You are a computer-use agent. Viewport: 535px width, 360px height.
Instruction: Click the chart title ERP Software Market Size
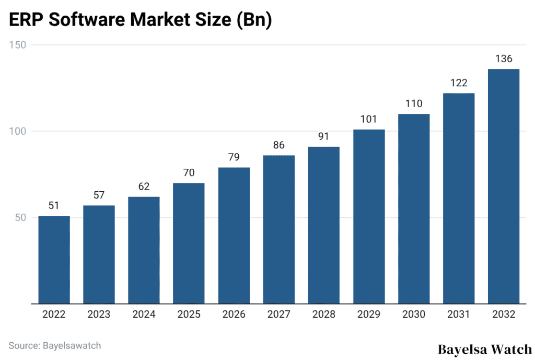pyautogui.click(x=140, y=21)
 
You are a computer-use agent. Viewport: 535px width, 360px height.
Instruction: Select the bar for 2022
pyautogui.click(x=54, y=259)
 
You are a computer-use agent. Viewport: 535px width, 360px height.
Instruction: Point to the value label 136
pyautogui.click(x=503, y=59)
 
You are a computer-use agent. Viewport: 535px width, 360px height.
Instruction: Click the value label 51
pyautogui.click(x=54, y=206)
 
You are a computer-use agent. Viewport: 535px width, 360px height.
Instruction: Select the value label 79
pyautogui.click(x=234, y=157)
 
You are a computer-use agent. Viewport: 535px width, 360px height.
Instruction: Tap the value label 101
pyautogui.click(x=368, y=119)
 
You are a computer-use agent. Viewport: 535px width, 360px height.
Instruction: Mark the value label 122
pyautogui.click(x=458, y=83)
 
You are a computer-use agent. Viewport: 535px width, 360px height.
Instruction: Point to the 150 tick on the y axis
pyautogui.click(x=19, y=45)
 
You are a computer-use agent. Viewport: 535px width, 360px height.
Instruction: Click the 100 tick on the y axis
pyautogui.click(x=19, y=131)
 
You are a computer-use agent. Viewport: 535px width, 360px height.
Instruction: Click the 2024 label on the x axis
pyautogui.click(x=144, y=315)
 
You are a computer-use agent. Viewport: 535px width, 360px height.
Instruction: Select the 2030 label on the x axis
pyautogui.click(x=413, y=315)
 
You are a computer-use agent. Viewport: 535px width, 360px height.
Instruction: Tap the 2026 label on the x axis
pyautogui.click(x=234, y=315)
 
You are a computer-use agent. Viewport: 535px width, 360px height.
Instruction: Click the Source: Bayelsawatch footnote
pyautogui.click(x=54, y=345)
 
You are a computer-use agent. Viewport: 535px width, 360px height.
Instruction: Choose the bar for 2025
pyautogui.click(x=189, y=243)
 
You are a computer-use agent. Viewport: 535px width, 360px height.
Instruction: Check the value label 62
pyautogui.click(x=144, y=187)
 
